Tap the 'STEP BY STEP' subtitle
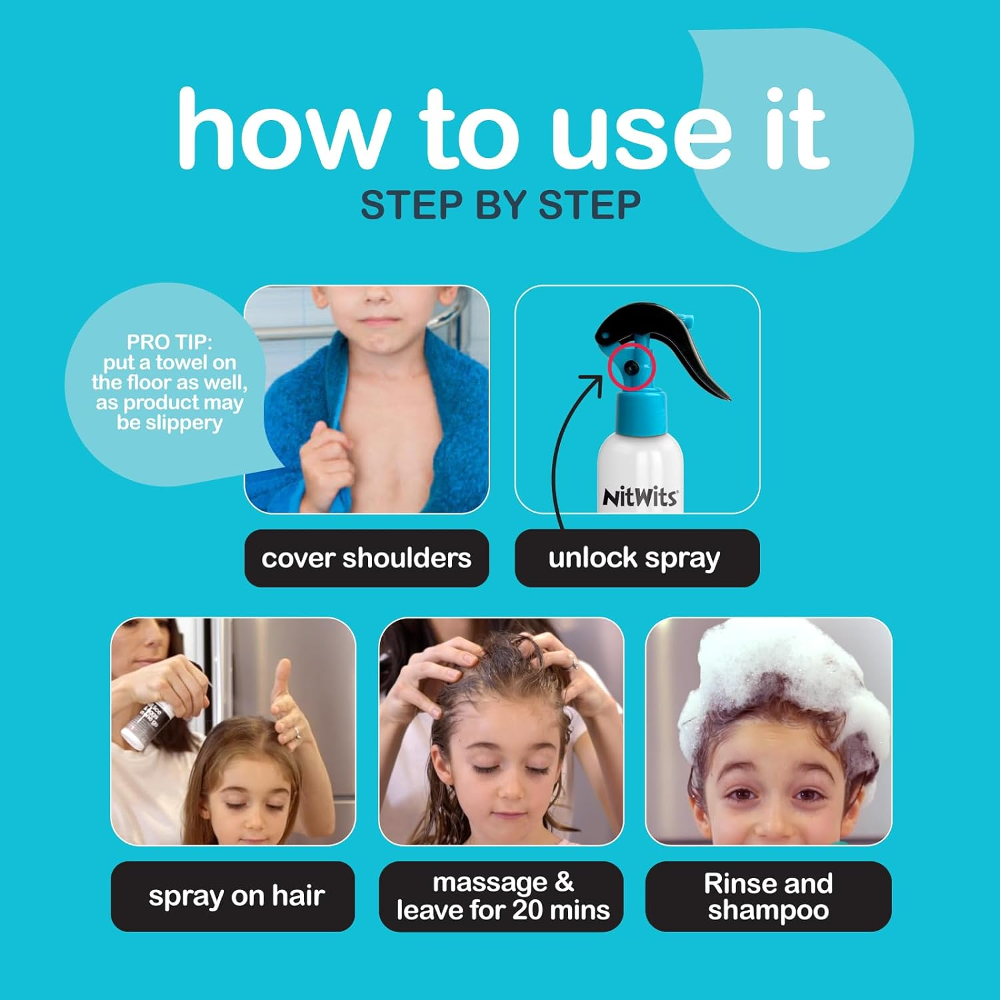[500, 205]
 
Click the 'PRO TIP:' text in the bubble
[169, 342]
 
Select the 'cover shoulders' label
[366, 558]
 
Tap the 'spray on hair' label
[236, 896]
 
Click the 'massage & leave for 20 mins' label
[503, 896]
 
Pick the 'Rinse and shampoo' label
[768, 896]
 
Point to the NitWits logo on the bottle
[639, 497]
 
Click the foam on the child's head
[787, 673]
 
